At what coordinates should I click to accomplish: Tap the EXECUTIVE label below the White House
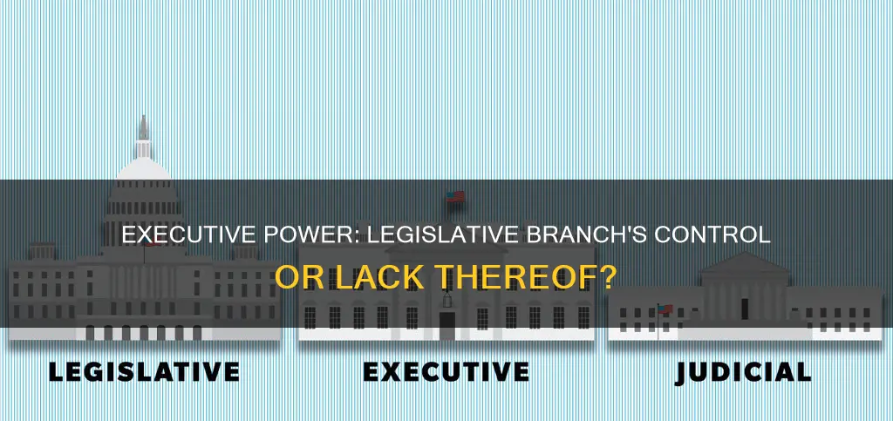tap(445, 371)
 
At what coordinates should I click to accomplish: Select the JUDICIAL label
tap(743, 371)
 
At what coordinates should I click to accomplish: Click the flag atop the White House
tap(455, 198)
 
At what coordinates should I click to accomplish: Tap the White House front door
tap(446, 323)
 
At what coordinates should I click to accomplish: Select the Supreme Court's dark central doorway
tap(744, 307)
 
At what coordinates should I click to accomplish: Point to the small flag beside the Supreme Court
tap(664, 309)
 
